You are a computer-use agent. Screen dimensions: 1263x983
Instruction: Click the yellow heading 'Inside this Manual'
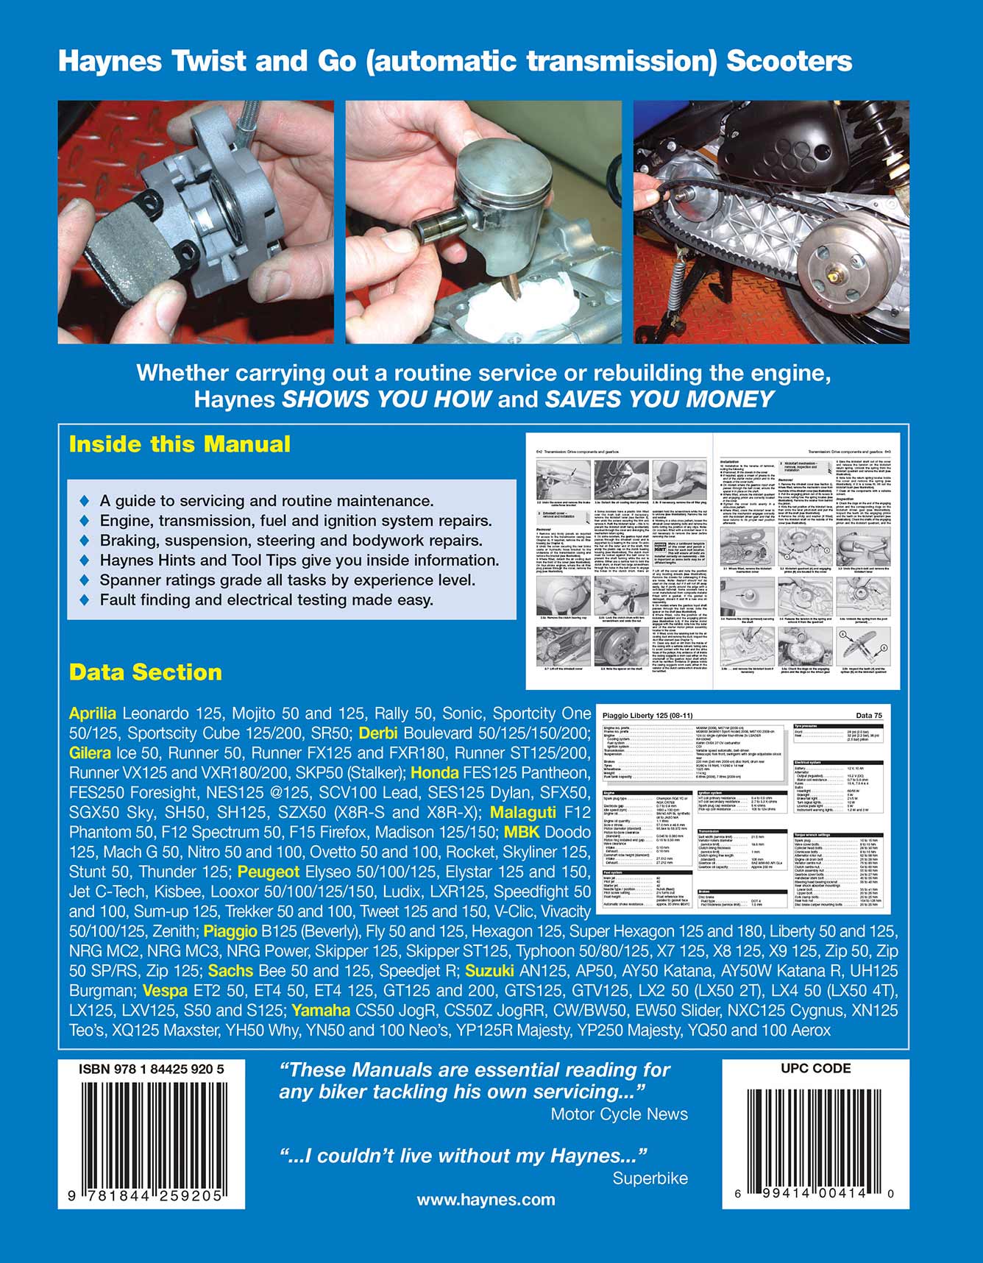pyautogui.click(x=180, y=444)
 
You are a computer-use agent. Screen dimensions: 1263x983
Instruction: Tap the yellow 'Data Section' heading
pyautogui.click(x=145, y=672)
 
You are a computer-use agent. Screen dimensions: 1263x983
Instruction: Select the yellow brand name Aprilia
pyautogui.click(x=93, y=713)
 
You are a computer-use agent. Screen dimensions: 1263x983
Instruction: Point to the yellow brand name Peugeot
pyautogui.click(x=269, y=872)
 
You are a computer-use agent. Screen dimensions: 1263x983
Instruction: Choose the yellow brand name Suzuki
pyautogui.click(x=489, y=971)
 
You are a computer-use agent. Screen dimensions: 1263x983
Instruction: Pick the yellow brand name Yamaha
pyautogui.click(x=321, y=1011)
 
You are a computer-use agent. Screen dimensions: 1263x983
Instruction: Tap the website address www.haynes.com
pyautogui.click(x=486, y=1200)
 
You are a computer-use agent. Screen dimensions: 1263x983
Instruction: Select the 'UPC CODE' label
pyautogui.click(x=815, y=1069)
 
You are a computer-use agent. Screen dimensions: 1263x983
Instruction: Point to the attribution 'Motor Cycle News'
pyautogui.click(x=619, y=1114)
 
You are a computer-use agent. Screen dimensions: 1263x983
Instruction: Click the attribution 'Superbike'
pyautogui.click(x=650, y=1178)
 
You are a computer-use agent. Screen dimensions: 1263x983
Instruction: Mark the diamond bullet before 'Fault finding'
pyautogui.click(x=85, y=600)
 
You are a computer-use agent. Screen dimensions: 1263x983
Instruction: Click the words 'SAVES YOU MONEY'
pyautogui.click(x=659, y=399)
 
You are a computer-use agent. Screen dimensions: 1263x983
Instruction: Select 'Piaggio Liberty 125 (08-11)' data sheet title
pyautogui.click(x=647, y=716)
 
